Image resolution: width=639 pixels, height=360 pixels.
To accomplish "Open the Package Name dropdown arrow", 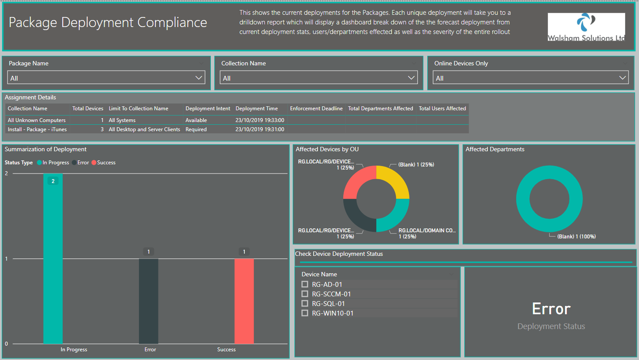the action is pos(199,78).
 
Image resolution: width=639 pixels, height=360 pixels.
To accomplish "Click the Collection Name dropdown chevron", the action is pos(411,78).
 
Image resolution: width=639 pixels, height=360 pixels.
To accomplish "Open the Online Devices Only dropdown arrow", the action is pos(622,78).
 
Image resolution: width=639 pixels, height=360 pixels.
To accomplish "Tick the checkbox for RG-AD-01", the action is pos(304,284).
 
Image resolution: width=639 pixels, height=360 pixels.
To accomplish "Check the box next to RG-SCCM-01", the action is pos(304,294).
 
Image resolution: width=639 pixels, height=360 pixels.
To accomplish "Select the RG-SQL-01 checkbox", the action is pos(304,303).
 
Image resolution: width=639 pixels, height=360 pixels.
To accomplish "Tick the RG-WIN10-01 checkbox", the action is pos(304,313).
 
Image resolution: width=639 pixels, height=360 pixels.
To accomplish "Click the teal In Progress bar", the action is pos(53,258).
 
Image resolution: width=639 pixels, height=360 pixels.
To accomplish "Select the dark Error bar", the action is pos(149,301).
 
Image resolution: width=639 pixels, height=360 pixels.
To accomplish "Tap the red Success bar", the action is pos(244,301).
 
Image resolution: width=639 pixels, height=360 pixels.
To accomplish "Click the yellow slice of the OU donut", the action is pos(395,180).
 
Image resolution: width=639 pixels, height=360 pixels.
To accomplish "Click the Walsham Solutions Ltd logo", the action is pos(586,27).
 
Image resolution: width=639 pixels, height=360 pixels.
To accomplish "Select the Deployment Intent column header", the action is pos(208,109).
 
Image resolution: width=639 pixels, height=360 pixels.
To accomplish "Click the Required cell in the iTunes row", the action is pos(196,129).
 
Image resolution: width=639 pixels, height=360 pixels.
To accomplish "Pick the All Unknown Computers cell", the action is pos(37,120).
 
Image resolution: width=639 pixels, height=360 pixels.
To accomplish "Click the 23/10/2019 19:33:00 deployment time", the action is pos(260,120).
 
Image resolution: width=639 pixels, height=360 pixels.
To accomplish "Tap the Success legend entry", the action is pos(104,163).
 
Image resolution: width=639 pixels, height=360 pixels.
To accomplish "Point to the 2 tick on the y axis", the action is pos(6,173).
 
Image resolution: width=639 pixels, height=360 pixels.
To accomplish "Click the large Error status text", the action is pos(551,309).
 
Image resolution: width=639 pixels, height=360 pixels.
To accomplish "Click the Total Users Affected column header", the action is pos(442,109).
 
